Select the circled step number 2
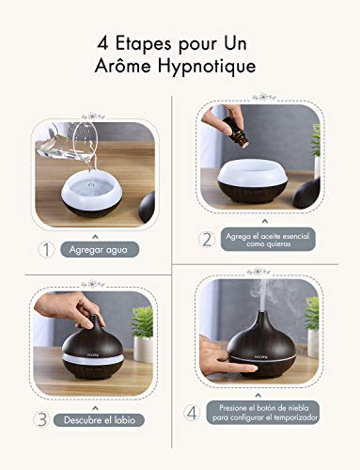click(x=206, y=239)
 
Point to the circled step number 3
click(x=42, y=419)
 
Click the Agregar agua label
click(x=99, y=250)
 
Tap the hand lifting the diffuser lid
click(x=83, y=311)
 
